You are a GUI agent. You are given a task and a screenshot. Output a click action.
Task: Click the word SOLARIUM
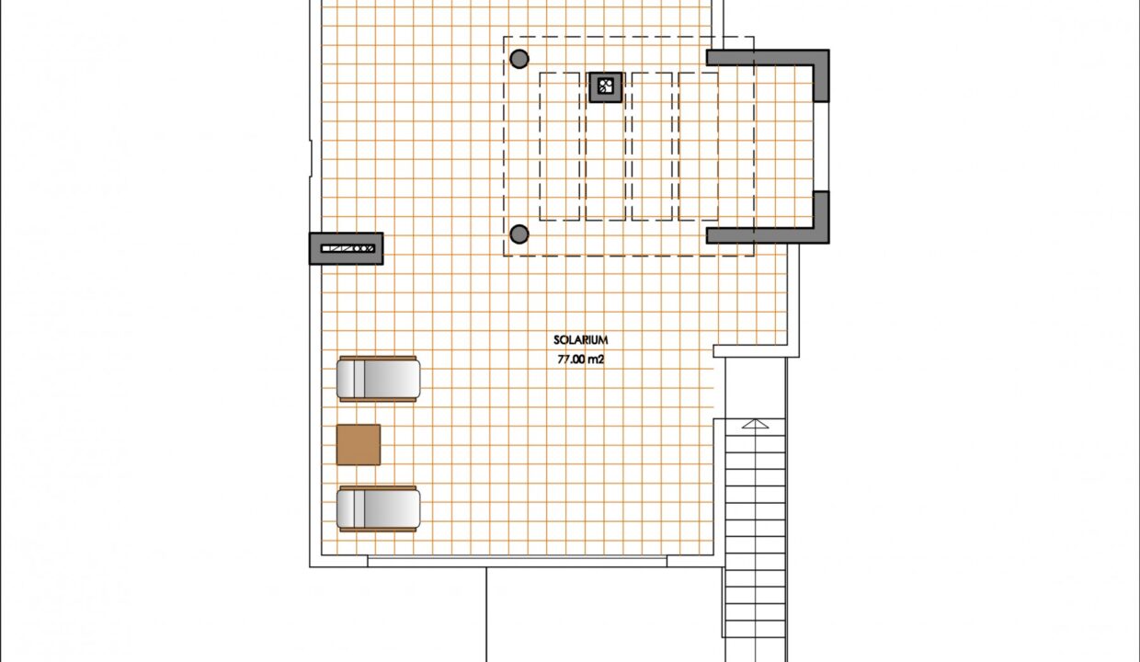click(x=580, y=340)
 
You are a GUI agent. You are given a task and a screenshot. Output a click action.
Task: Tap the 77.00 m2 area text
click(x=580, y=360)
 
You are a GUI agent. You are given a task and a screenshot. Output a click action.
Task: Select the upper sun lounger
click(x=378, y=379)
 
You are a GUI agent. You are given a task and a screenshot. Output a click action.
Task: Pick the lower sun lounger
click(x=378, y=508)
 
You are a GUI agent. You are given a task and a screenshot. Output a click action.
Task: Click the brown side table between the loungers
click(x=359, y=444)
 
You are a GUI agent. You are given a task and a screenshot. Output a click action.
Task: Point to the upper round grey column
click(x=519, y=59)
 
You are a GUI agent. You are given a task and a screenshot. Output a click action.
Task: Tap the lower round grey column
click(x=519, y=234)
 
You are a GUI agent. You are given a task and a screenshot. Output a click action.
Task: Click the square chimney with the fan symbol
click(x=605, y=87)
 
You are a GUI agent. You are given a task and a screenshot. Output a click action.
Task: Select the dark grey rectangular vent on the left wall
click(x=346, y=248)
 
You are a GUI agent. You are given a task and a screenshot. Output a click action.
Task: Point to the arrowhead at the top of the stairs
click(x=755, y=424)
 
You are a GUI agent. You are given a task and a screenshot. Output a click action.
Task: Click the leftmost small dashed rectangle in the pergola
click(x=559, y=146)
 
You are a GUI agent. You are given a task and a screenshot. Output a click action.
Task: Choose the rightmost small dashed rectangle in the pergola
click(x=698, y=146)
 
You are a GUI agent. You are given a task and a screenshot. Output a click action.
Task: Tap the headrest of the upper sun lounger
click(x=350, y=379)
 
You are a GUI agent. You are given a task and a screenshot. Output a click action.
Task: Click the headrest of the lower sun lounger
click(x=350, y=508)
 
